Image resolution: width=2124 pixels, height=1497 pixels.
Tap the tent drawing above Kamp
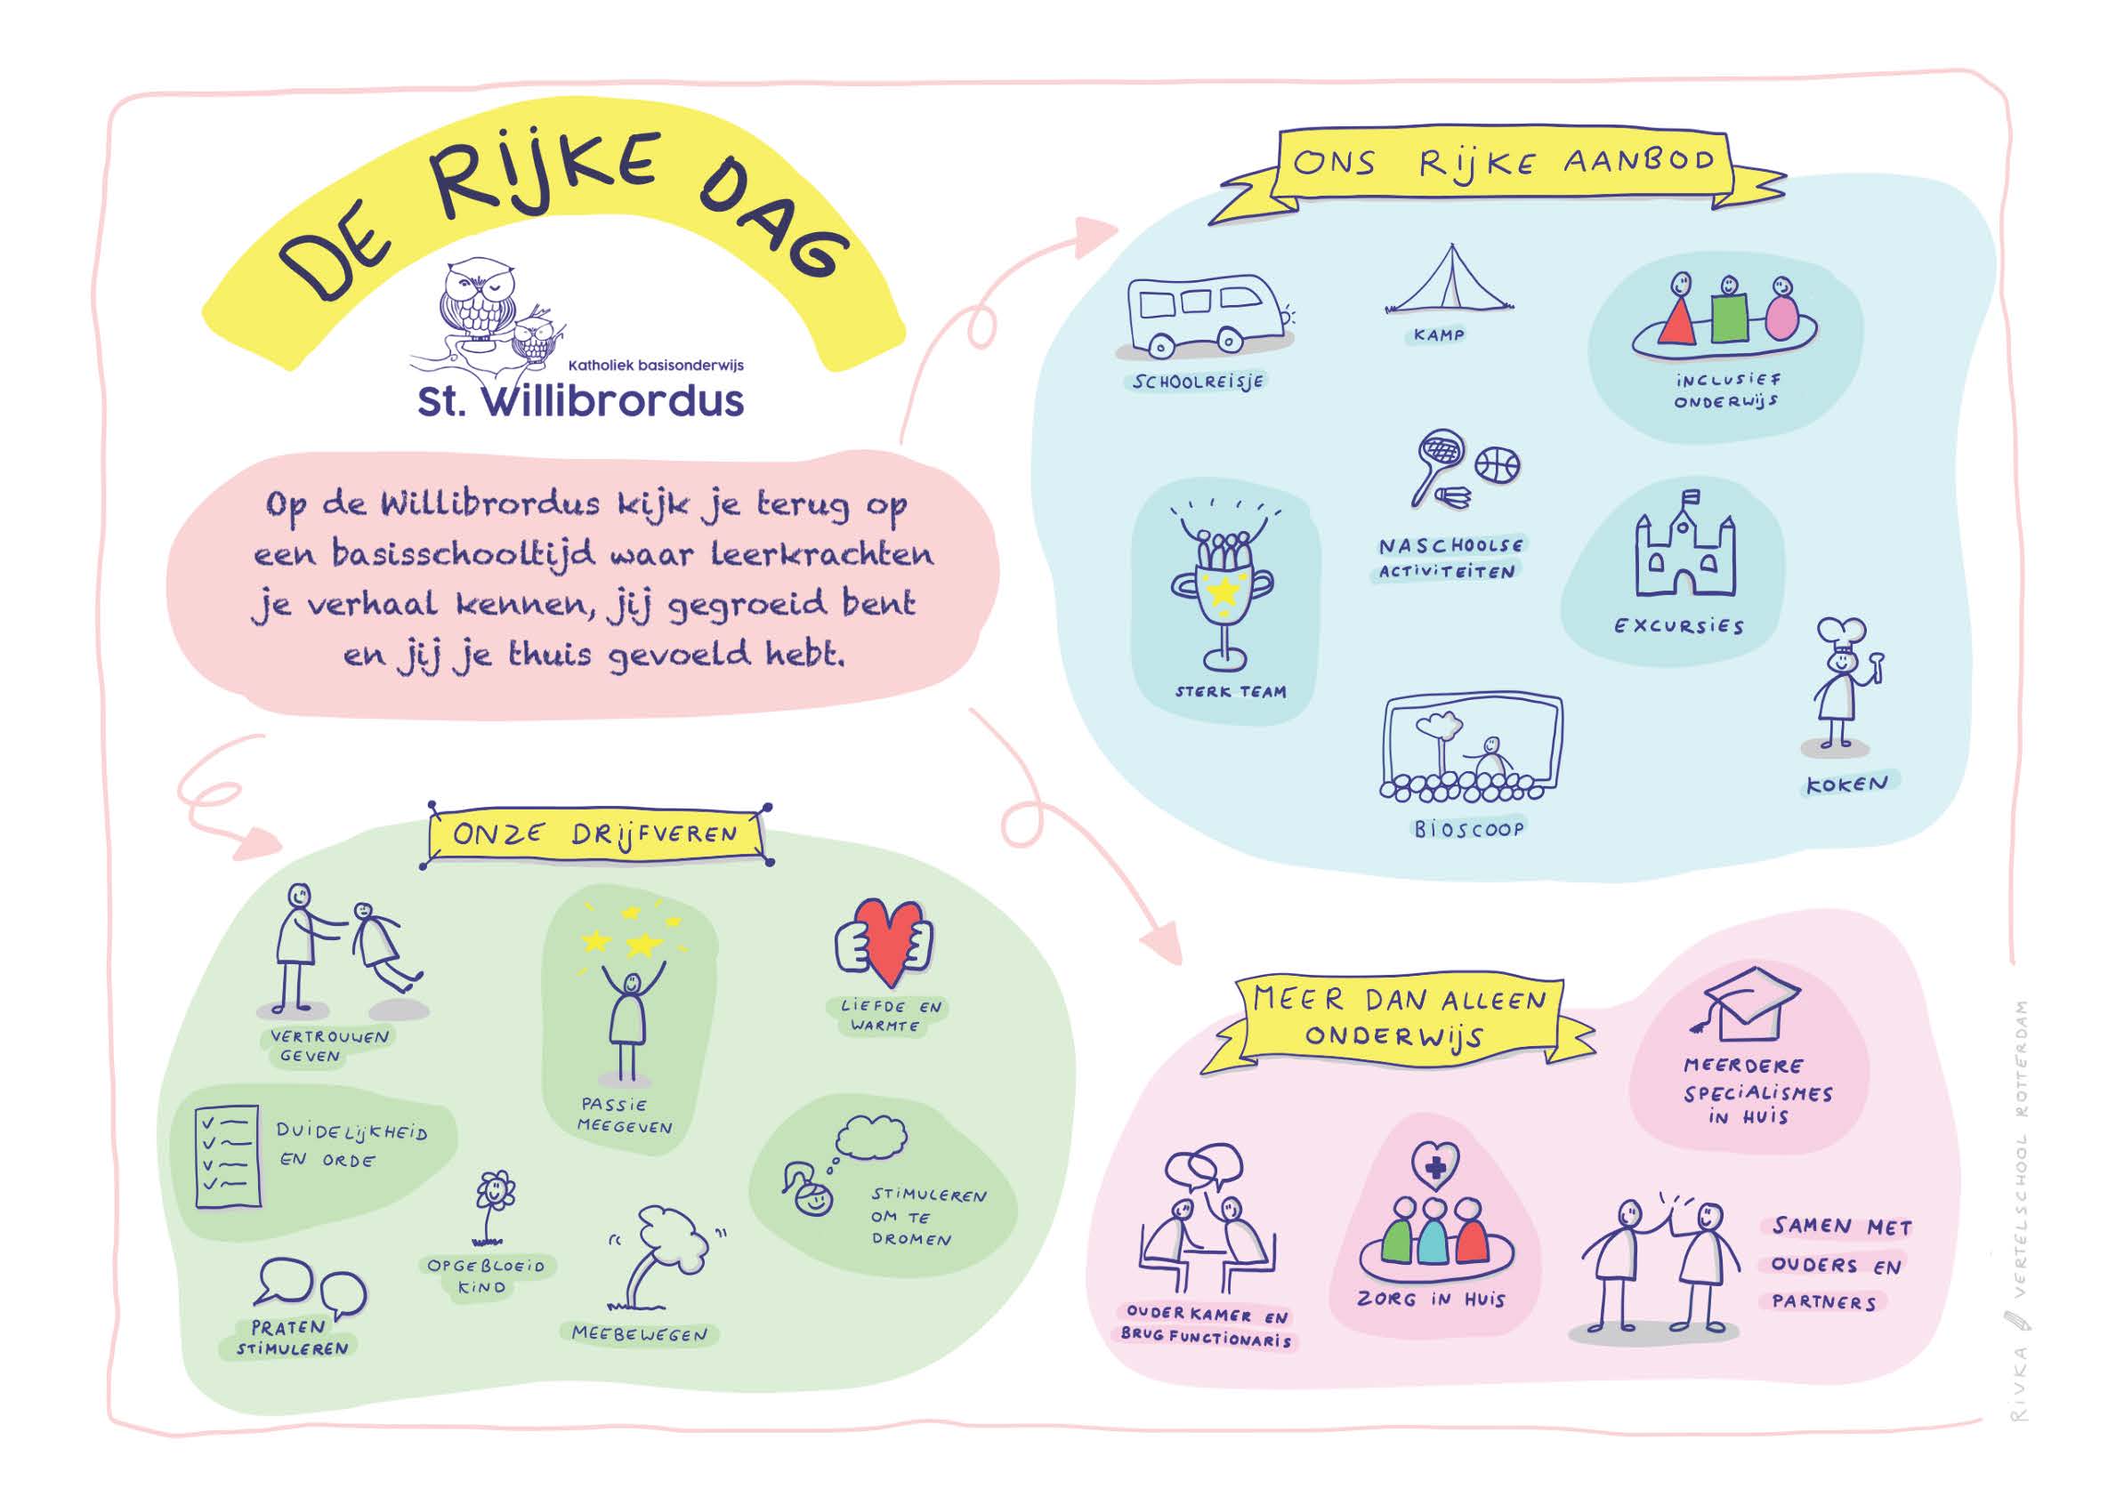[x=1450, y=282]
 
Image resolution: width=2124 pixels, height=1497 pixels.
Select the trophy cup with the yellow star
[x=1223, y=596]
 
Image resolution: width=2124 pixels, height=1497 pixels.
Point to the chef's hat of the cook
[x=1840, y=634]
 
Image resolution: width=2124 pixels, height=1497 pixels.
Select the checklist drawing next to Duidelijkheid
[x=228, y=1155]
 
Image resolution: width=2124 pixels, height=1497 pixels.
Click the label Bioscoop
[x=1469, y=828]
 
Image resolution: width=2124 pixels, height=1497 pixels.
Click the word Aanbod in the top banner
[x=1638, y=160]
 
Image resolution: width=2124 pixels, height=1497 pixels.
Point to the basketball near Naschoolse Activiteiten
[x=1498, y=465]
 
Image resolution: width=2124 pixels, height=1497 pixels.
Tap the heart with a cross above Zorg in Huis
[x=1434, y=1167]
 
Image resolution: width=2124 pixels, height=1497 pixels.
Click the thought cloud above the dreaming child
[x=870, y=1137]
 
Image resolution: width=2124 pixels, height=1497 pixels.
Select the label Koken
[x=1846, y=785]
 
